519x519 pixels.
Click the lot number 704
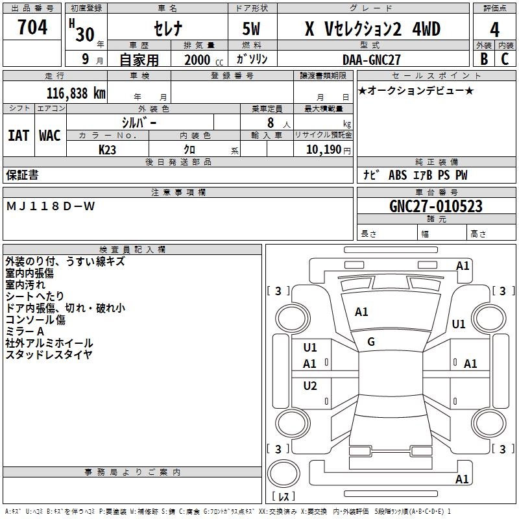coord(32,28)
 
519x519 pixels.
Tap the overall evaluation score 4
coord(495,30)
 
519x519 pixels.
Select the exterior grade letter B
coord(483,59)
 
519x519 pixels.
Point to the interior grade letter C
coord(505,59)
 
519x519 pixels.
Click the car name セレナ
coord(167,29)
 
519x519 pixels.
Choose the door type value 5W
coord(252,30)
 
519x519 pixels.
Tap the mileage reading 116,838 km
coord(76,93)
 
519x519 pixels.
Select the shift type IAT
coord(18,135)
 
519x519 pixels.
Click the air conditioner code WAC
coord(50,135)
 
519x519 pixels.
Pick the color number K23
coord(107,149)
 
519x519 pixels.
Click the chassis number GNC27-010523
coord(436,206)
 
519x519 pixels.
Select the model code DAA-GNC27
coord(372,59)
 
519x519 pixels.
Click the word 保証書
coord(22,175)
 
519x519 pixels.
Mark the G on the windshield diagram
coord(371,342)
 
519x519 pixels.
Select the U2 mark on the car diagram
coord(310,386)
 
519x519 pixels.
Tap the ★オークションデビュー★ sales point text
coord(415,90)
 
